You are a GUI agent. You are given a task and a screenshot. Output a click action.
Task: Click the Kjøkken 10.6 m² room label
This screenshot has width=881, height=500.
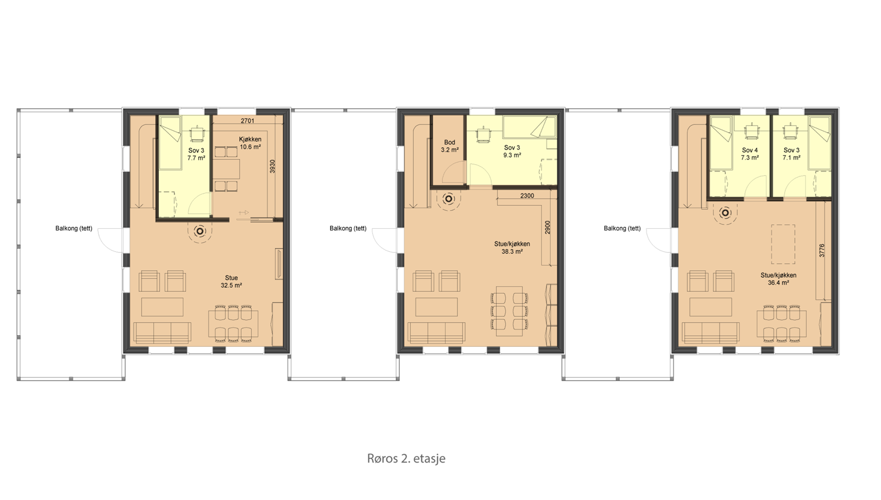tap(250, 143)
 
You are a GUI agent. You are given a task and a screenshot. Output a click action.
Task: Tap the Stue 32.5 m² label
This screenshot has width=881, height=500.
tap(231, 281)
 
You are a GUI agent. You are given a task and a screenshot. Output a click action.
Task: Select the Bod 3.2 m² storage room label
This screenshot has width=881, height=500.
tap(450, 146)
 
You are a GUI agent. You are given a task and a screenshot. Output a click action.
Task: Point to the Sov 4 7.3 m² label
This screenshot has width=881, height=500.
tap(750, 154)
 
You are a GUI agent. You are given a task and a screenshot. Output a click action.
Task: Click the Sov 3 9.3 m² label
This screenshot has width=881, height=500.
tap(512, 151)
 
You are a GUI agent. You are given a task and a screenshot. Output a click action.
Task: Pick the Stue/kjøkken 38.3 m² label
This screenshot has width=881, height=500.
tap(512, 248)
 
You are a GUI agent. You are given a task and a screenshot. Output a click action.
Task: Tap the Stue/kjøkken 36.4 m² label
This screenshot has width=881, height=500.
tap(778, 279)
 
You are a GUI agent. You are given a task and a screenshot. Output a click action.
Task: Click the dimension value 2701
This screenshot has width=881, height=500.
tap(247, 120)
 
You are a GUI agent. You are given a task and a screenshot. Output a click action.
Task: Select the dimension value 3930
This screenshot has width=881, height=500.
tap(272, 166)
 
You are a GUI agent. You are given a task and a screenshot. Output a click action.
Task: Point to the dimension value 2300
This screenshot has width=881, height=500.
tap(527, 196)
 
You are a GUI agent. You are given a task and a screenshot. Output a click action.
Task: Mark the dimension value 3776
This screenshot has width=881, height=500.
tap(822, 251)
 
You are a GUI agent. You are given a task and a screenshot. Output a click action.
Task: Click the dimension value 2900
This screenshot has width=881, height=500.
tap(548, 227)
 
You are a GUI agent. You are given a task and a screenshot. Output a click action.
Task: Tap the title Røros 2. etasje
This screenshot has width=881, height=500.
tap(406, 458)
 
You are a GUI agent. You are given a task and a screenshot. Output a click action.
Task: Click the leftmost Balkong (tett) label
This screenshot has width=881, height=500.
tap(74, 228)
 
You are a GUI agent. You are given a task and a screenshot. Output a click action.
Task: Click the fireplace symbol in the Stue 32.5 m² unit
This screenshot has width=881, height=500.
tap(200, 231)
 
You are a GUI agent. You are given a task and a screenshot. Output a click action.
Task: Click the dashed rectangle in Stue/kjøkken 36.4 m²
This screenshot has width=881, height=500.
tap(783, 244)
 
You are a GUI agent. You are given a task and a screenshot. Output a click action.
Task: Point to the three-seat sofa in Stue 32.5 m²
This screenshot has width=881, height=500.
tap(162, 332)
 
